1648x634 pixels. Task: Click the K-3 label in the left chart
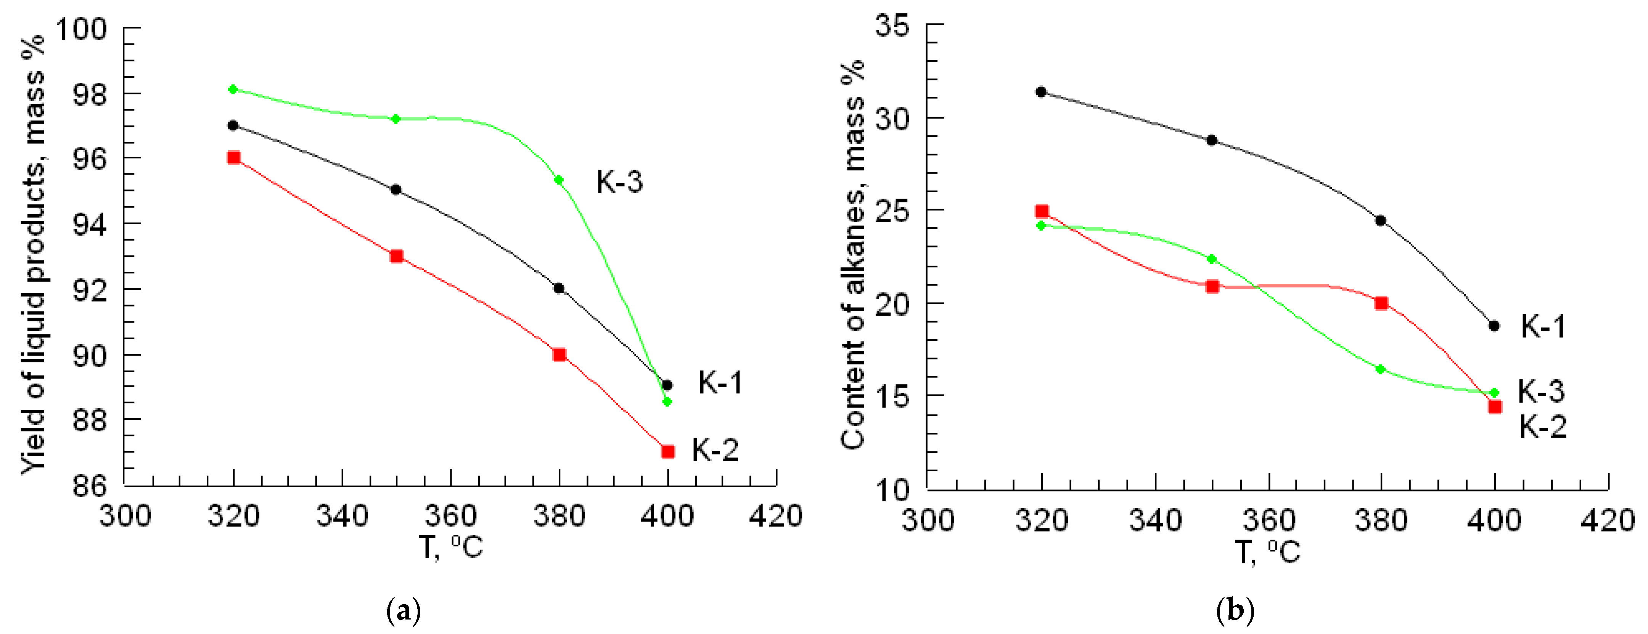tap(619, 182)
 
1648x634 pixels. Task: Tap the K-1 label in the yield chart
tap(720, 383)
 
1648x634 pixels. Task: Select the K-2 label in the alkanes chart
tap(1542, 426)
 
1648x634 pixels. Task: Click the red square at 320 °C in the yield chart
tap(233, 157)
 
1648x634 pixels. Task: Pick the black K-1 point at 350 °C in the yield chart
tap(396, 189)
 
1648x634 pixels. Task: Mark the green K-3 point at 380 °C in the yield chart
tap(558, 180)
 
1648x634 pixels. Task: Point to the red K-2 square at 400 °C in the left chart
tap(667, 452)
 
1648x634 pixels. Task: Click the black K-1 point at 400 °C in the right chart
tap(1494, 326)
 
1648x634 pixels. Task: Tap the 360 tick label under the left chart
tap(451, 516)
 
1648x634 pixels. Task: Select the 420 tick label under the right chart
tap(1608, 520)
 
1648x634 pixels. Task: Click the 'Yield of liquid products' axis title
tap(33, 256)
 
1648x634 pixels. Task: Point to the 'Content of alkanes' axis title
tap(853, 256)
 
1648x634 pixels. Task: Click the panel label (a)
tap(404, 611)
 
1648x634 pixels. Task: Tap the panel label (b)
tap(1235, 611)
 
